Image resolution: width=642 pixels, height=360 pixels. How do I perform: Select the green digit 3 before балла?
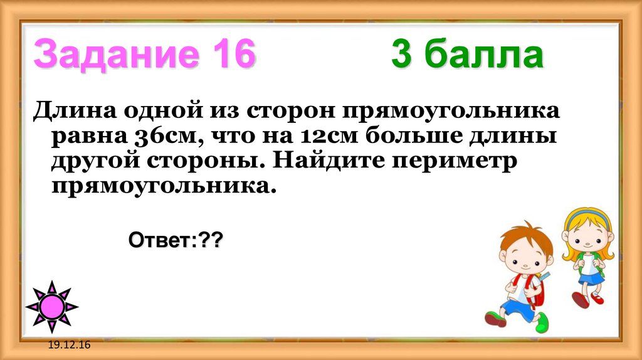pos(401,55)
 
